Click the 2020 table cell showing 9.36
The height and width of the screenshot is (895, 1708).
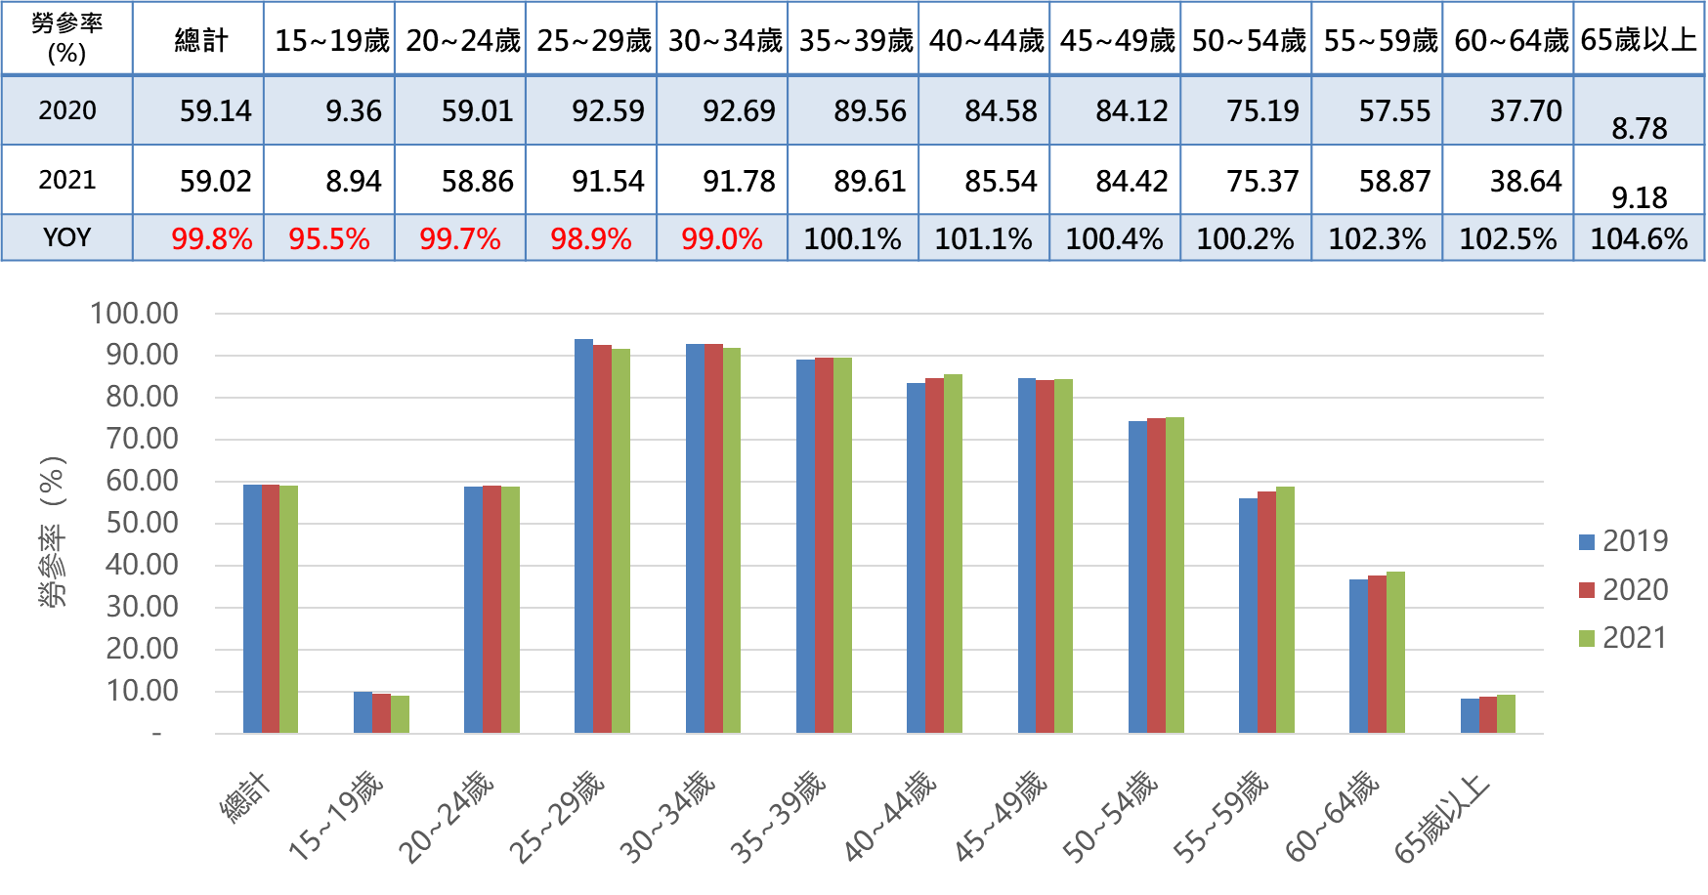pos(353,111)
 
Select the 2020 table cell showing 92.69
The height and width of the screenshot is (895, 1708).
pos(739,111)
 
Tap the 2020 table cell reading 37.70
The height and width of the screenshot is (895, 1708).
pos(1525,111)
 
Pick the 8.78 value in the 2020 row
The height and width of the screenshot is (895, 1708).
pos(1639,128)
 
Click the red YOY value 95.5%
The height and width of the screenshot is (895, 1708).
pos(328,239)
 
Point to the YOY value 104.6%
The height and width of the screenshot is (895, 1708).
pos(1639,239)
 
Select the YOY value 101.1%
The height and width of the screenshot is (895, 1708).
pos(983,239)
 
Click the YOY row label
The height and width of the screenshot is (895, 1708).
pos(66,237)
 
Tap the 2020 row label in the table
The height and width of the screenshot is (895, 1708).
pos(66,110)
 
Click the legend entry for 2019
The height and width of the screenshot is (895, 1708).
pos(1623,541)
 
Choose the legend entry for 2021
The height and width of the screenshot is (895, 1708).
pos(1623,638)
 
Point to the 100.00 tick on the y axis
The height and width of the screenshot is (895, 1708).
pos(134,314)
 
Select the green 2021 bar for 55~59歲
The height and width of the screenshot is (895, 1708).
pos(1285,610)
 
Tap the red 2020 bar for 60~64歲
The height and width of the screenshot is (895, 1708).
pos(1377,654)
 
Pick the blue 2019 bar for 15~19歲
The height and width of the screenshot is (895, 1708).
pos(363,712)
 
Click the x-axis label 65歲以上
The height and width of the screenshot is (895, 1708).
pos(1442,819)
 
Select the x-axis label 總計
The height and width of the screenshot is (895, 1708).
pos(244,797)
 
